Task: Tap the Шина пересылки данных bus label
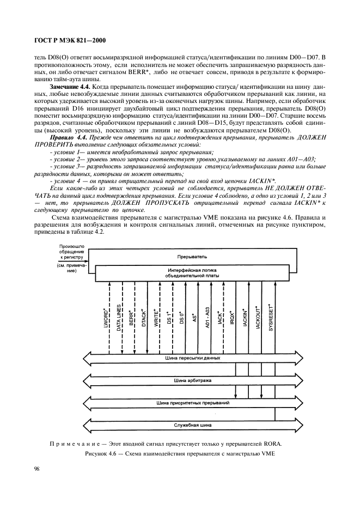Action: (192, 359)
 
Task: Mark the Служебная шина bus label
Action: (192, 425)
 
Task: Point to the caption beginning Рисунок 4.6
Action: (179, 452)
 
